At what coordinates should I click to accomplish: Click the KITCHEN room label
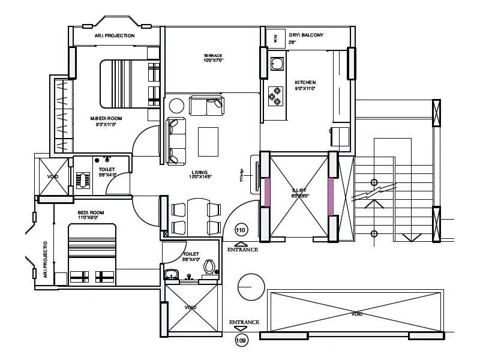tap(305, 82)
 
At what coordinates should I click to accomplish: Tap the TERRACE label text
tap(212, 56)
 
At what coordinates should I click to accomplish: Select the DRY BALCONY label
tap(305, 35)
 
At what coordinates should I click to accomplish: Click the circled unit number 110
tap(241, 230)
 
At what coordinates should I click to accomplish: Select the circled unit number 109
tap(241, 341)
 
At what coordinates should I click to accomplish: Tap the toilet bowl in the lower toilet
tap(209, 266)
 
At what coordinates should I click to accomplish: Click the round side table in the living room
tap(176, 106)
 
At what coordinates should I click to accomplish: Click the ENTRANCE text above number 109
tap(244, 322)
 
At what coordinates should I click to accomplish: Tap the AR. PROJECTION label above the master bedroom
tap(115, 36)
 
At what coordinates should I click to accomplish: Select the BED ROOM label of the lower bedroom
tap(91, 213)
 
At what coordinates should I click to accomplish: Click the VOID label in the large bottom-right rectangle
tap(356, 314)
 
